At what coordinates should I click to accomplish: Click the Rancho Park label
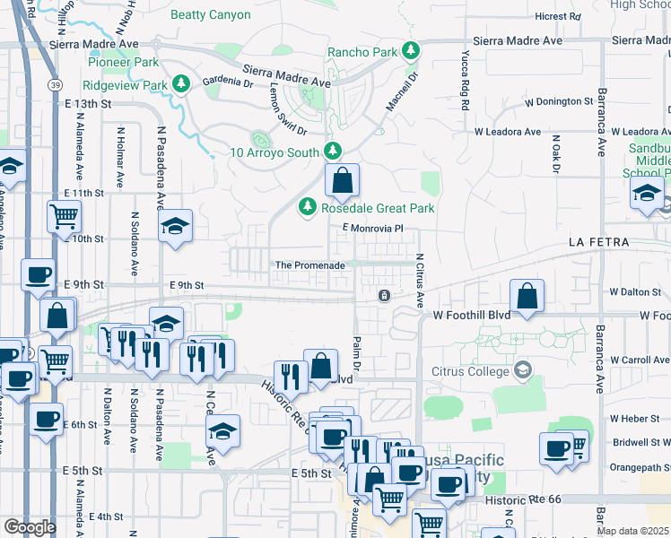click(x=362, y=52)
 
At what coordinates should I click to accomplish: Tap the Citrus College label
click(x=470, y=370)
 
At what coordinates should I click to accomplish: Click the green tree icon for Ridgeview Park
click(x=181, y=84)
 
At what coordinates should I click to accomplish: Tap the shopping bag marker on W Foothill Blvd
click(x=527, y=298)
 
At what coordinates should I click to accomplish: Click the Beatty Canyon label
click(x=211, y=14)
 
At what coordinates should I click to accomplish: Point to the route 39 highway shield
click(x=55, y=84)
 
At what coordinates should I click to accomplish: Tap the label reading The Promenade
click(x=309, y=265)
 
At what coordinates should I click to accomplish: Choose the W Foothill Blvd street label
click(x=471, y=315)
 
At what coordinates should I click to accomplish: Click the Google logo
click(x=30, y=526)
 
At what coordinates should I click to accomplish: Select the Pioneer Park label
click(x=123, y=62)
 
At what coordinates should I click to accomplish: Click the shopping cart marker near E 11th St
click(x=64, y=216)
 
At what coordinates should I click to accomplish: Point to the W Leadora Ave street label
click(x=508, y=132)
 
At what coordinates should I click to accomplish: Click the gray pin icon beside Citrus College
click(x=523, y=370)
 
